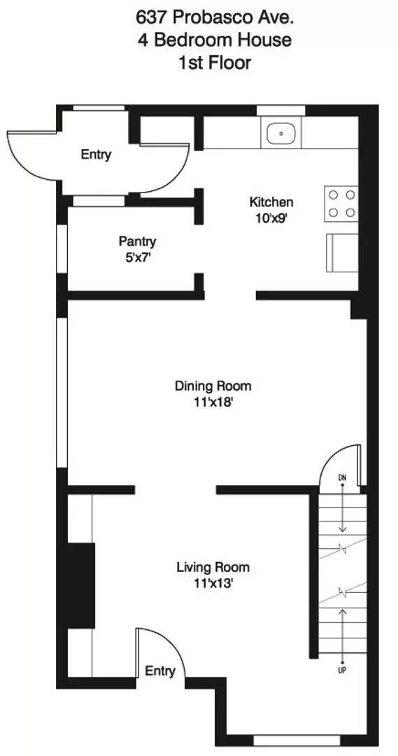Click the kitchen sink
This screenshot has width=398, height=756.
[x=280, y=132]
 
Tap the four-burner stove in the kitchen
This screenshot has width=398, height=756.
[x=341, y=204]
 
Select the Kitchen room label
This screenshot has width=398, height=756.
[x=271, y=202]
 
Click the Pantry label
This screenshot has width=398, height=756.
[x=137, y=241]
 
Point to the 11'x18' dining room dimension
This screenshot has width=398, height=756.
[x=213, y=402]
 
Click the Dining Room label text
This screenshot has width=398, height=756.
[x=213, y=386]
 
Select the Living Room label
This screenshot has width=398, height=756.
[x=213, y=567]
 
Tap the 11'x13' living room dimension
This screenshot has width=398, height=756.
[x=213, y=582]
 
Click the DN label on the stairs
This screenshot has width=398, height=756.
[x=343, y=478]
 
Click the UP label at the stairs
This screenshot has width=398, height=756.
[x=343, y=670]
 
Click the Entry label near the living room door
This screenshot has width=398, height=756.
[x=159, y=671]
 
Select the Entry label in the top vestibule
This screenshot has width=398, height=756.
[x=96, y=155]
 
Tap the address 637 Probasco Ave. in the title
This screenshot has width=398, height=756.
[x=214, y=16]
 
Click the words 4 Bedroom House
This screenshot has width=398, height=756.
[x=214, y=39]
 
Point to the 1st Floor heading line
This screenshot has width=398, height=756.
[x=214, y=62]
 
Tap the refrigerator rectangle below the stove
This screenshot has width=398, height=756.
[x=342, y=253]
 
